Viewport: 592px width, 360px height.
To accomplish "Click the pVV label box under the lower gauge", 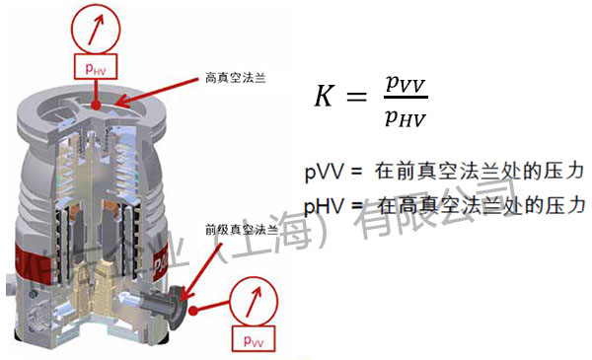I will [x=253, y=340].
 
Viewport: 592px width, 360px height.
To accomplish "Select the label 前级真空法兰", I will [x=237, y=228].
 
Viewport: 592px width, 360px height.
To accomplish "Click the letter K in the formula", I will [x=326, y=96].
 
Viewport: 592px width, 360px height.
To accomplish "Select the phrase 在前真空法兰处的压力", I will [x=480, y=172].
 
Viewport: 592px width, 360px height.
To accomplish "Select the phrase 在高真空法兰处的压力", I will [x=480, y=206].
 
